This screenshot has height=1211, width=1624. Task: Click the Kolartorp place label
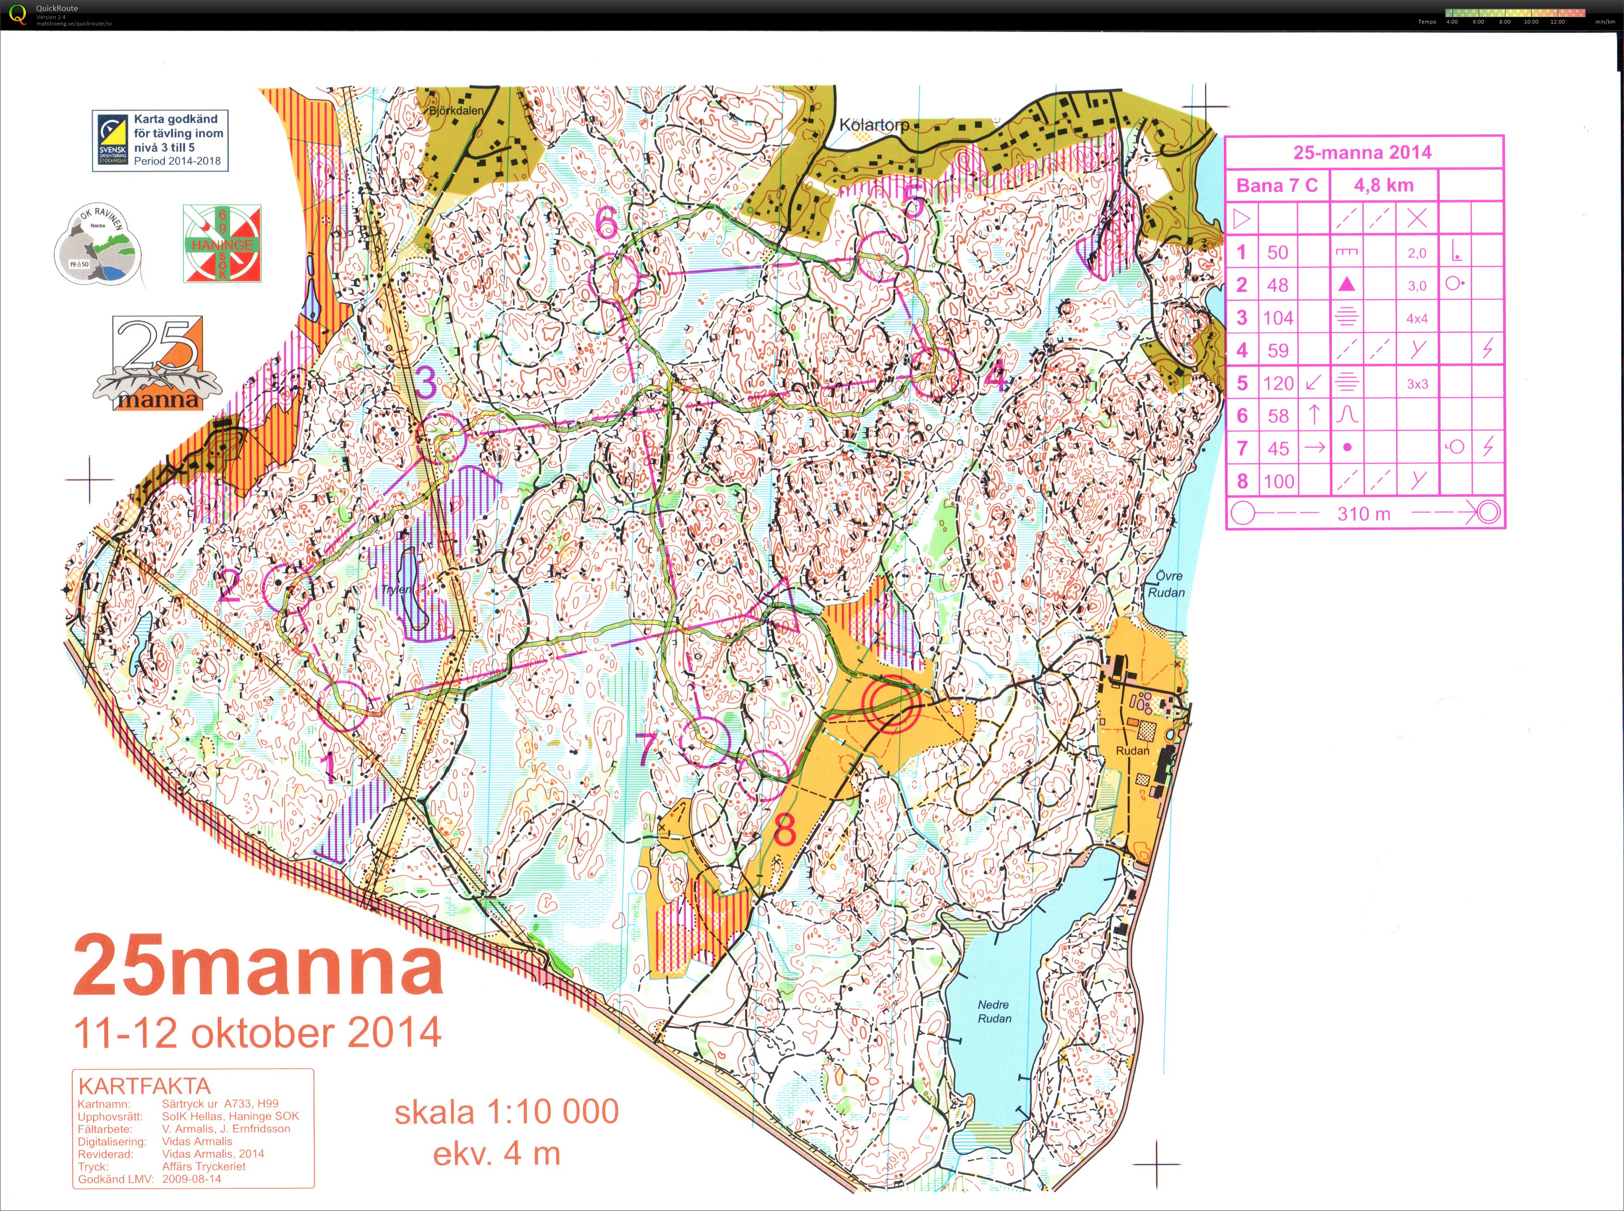pyautogui.click(x=874, y=124)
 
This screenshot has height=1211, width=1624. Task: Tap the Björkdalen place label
pyautogui.click(x=456, y=111)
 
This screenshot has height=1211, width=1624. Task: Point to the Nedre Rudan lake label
pyautogui.click(x=993, y=1012)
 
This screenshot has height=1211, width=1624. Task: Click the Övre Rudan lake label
pyautogui.click(x=1166, y=584)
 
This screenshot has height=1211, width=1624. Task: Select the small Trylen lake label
pyautogui.click(x=397, y=590)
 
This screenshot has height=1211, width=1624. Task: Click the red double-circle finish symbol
pyautogui.click(x=891, y=704)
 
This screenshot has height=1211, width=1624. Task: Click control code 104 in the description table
pyautogui.click(x=1278, y=317)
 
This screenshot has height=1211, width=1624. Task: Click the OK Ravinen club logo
pyautogui.click(x=97, y=244)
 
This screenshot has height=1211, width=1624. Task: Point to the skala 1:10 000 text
pyautogui.click(x=506, y=1112)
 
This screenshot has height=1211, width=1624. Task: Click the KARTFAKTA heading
pyautogui.click(x=144, y=1086)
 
